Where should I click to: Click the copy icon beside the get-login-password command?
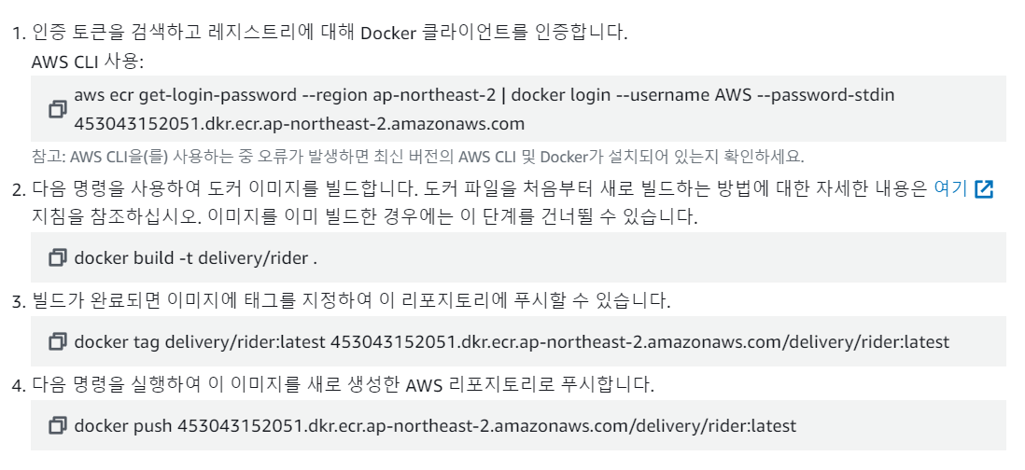(x=58, y=109)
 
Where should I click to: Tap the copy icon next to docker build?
(x=58, y=257)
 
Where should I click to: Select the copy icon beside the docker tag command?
(x=58, y=341)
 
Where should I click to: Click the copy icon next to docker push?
(x=58, y=426)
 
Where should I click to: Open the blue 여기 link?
(x=950, y=188)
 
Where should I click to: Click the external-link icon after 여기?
(x=983, y=189)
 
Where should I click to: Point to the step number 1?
(x=17, y=35)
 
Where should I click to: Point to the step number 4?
(x=17, y=384)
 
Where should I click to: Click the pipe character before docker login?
(x=502, y=95)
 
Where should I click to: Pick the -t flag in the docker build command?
(x=180, y=257)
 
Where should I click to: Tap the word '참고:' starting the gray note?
(x=45, y=156)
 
